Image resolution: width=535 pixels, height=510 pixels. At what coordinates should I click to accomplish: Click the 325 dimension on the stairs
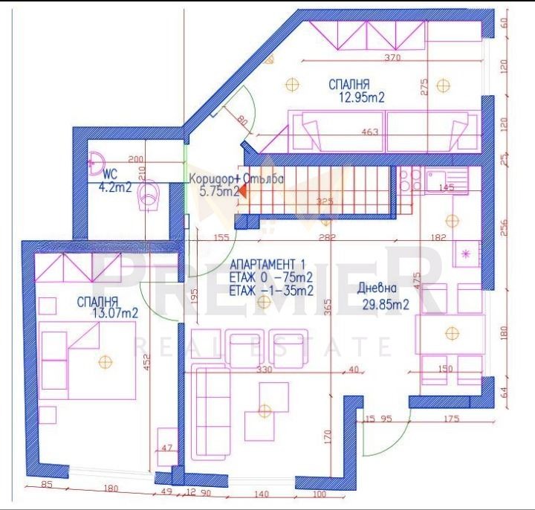[x=325, y=201]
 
